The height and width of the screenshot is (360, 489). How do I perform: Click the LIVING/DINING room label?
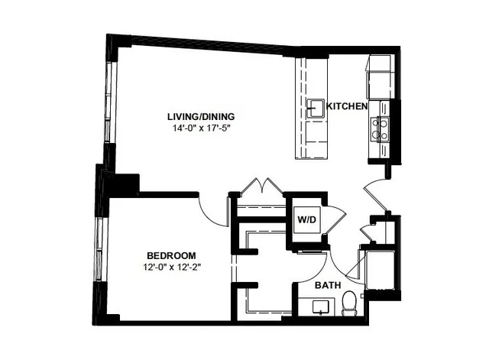201,116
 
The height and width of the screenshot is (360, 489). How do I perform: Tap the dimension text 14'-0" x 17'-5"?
201,128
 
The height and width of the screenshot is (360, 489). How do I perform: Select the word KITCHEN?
348,105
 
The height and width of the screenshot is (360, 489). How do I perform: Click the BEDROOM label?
171,255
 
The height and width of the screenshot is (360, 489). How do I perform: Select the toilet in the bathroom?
349,303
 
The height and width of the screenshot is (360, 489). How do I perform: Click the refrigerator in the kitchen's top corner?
379,73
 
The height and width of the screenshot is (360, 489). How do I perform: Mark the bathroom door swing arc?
338,264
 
